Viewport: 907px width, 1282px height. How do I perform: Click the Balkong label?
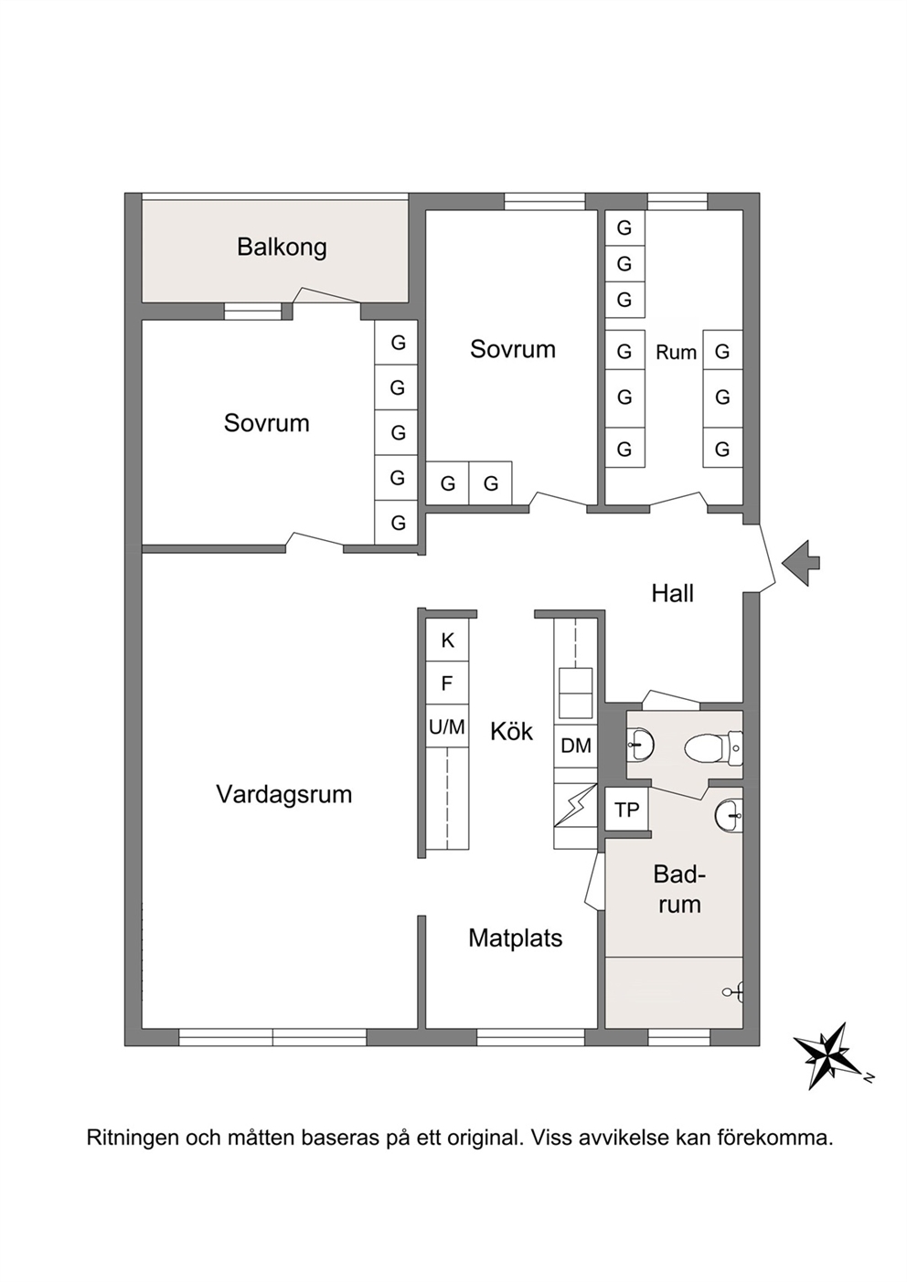(282, 248)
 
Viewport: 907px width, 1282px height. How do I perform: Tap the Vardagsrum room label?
(284, 794)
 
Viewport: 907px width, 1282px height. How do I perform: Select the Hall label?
(672, 594)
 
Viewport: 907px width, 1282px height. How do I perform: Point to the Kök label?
(511, 731)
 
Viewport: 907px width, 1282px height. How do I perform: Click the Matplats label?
(516, 938)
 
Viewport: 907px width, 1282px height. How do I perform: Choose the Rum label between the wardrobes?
(676, 353)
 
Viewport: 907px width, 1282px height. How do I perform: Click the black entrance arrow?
(801, 563)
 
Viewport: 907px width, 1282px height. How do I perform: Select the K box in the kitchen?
(447, 640)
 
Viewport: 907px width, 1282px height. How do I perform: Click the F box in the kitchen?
(447, 683)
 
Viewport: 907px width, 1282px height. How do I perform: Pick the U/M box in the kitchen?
(447, 726)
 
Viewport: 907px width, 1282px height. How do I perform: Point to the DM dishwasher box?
(575, 745)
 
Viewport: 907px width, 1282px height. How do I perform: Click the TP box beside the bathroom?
(626, 810)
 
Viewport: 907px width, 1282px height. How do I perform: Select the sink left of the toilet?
(640, 745)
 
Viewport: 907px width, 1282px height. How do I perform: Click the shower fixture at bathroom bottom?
(734, 991)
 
